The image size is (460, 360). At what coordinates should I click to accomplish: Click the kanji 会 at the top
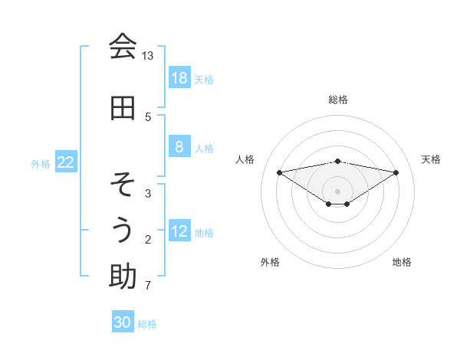tap(122, 46)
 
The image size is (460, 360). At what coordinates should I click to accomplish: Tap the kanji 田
tap(122, 108)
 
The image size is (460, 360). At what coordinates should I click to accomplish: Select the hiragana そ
tap(122, 185)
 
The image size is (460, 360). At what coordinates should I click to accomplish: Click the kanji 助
tap(122, 277)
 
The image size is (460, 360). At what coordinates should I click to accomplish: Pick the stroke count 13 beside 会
tap(147, 56)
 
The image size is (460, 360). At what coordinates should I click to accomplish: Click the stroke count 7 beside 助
tap(147, 286)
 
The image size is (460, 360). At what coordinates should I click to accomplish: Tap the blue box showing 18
tap(179, 78)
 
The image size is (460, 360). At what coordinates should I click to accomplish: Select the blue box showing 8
tap(179, 148)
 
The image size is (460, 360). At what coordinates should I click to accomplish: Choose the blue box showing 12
tap(179, 232)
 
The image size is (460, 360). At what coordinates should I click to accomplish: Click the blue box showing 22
tap(66, 162)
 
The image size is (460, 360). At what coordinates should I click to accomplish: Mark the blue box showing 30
tap(123, 322)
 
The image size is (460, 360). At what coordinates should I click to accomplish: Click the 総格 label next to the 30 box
tap(147, 324)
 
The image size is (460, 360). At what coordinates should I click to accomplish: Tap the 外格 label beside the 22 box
tap(41, 163)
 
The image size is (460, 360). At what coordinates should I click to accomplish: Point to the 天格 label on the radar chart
tap(431, 159)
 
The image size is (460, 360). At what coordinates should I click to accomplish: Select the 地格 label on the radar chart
tap(402, 262)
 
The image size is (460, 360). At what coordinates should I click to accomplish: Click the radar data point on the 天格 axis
tap(396, 172)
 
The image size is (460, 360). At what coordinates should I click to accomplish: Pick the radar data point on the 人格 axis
tap(279, 172)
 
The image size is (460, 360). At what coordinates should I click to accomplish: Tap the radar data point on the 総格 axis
tap(337, 161)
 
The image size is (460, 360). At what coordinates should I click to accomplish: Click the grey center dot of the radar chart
tap(337, 191)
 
